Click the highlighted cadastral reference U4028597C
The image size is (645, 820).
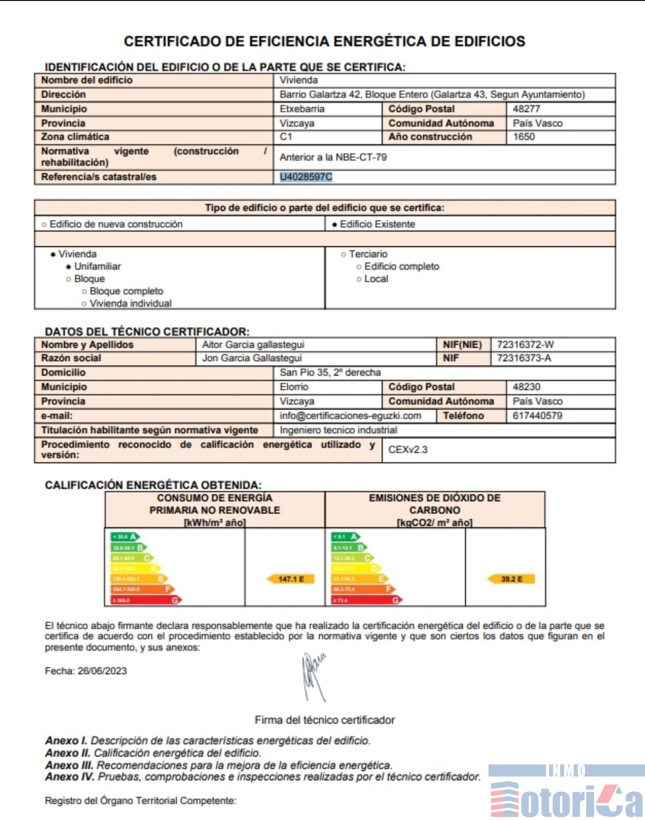click(x=306, y=177)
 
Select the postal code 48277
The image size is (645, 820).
click(x=526, y=109)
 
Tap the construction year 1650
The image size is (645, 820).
click(x=524, y=137)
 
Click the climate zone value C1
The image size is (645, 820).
click(x=286, y=137)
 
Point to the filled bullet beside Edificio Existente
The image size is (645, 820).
click(x=334, y=224)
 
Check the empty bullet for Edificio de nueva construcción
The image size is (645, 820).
click(x=44, y=224)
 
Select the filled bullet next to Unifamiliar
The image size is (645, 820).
click(x=69, y=267)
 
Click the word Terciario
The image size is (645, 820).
click(x=368, y=254)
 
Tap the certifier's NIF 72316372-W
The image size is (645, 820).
click(x=525, y=345)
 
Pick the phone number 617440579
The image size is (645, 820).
click(x=537, y=415)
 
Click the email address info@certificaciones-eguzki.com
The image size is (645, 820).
click(x=350, y=415)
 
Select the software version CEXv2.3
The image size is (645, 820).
click(x=408, y=449)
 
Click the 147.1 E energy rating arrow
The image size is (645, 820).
click(x=290, y=579)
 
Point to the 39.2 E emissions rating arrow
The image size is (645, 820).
click(x=511, y=579)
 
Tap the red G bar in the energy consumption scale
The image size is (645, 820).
click(x=146, y=600)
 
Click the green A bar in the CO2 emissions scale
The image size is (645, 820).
click(x=346, y=536)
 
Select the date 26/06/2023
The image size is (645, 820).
click(x=102, y=671)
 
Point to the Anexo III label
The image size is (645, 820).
click(x=69, y=765)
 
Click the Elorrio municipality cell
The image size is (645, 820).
click(x=294, y=387)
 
